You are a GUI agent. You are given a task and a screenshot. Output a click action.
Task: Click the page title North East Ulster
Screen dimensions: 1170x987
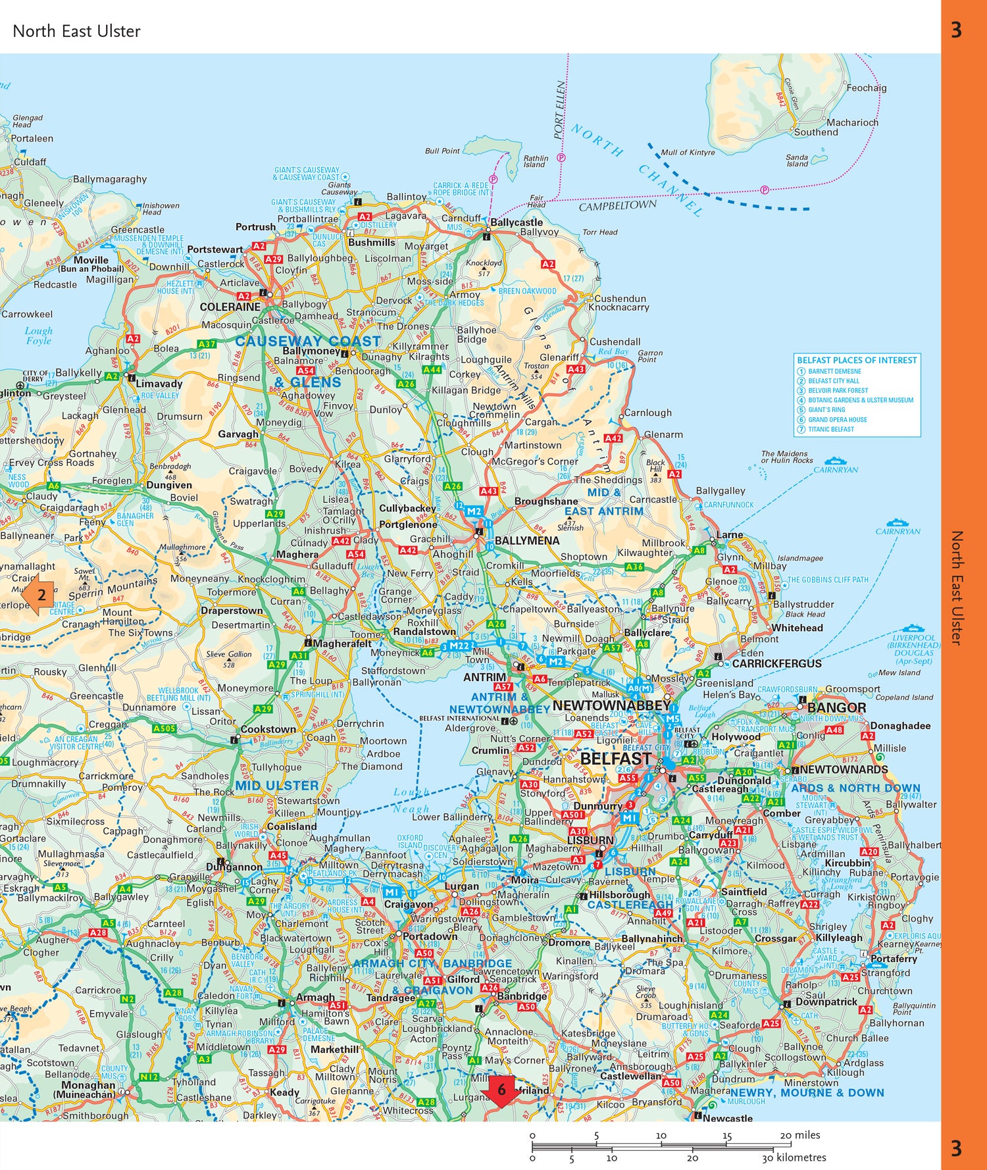[76, 31]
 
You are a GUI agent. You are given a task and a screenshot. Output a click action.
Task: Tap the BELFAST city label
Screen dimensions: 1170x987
[615, 759]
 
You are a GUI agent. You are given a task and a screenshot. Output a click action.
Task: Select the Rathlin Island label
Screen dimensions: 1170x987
[535, 161]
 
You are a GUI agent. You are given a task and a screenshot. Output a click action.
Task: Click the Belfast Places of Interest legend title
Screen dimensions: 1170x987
[856, 360]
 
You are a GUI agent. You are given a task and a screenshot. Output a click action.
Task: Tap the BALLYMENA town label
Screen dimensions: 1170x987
[526, 541]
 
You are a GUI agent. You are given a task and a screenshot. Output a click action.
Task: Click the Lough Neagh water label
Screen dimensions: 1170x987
[411, 800]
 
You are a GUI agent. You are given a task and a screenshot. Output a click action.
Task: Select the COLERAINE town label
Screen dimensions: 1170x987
[230, 307]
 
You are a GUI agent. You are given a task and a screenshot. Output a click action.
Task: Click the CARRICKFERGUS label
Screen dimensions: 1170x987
[776, 663]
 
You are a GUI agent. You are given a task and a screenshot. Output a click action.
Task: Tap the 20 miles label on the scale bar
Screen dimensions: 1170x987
[799, 1135]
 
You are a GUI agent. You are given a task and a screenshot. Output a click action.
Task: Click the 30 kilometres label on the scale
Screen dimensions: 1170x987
[794, 1157]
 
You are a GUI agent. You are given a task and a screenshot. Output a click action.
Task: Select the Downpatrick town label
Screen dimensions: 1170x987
[826, 1002]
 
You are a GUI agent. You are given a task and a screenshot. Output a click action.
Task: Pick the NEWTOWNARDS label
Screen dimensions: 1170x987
[844, 769]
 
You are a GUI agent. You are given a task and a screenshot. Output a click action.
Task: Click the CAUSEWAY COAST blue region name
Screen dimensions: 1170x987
[308, 341]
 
